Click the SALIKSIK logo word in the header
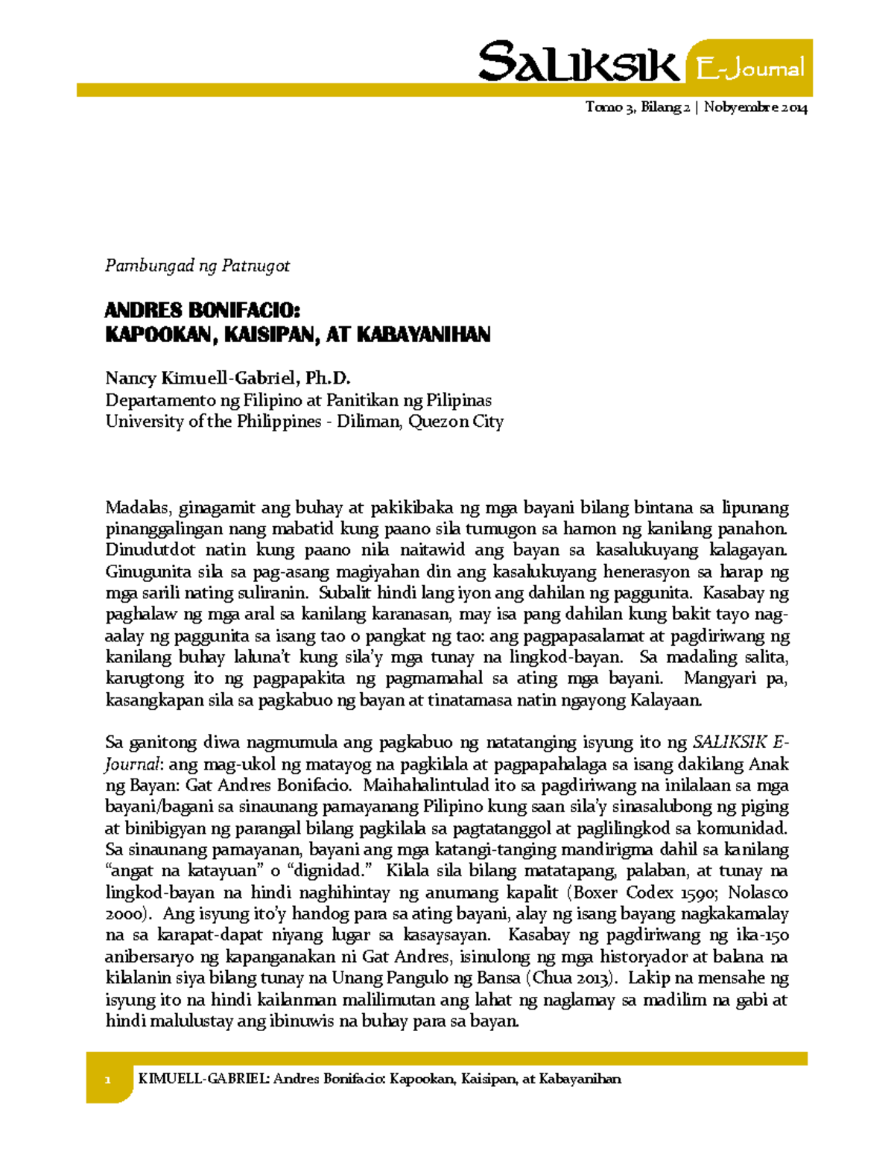[578, 63]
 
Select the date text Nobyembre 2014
[755, 107]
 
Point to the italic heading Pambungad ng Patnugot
[197, 266]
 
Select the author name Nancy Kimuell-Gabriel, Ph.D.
[227, 378]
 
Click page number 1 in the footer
[107, 1080]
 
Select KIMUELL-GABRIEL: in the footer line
[203, 1080]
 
